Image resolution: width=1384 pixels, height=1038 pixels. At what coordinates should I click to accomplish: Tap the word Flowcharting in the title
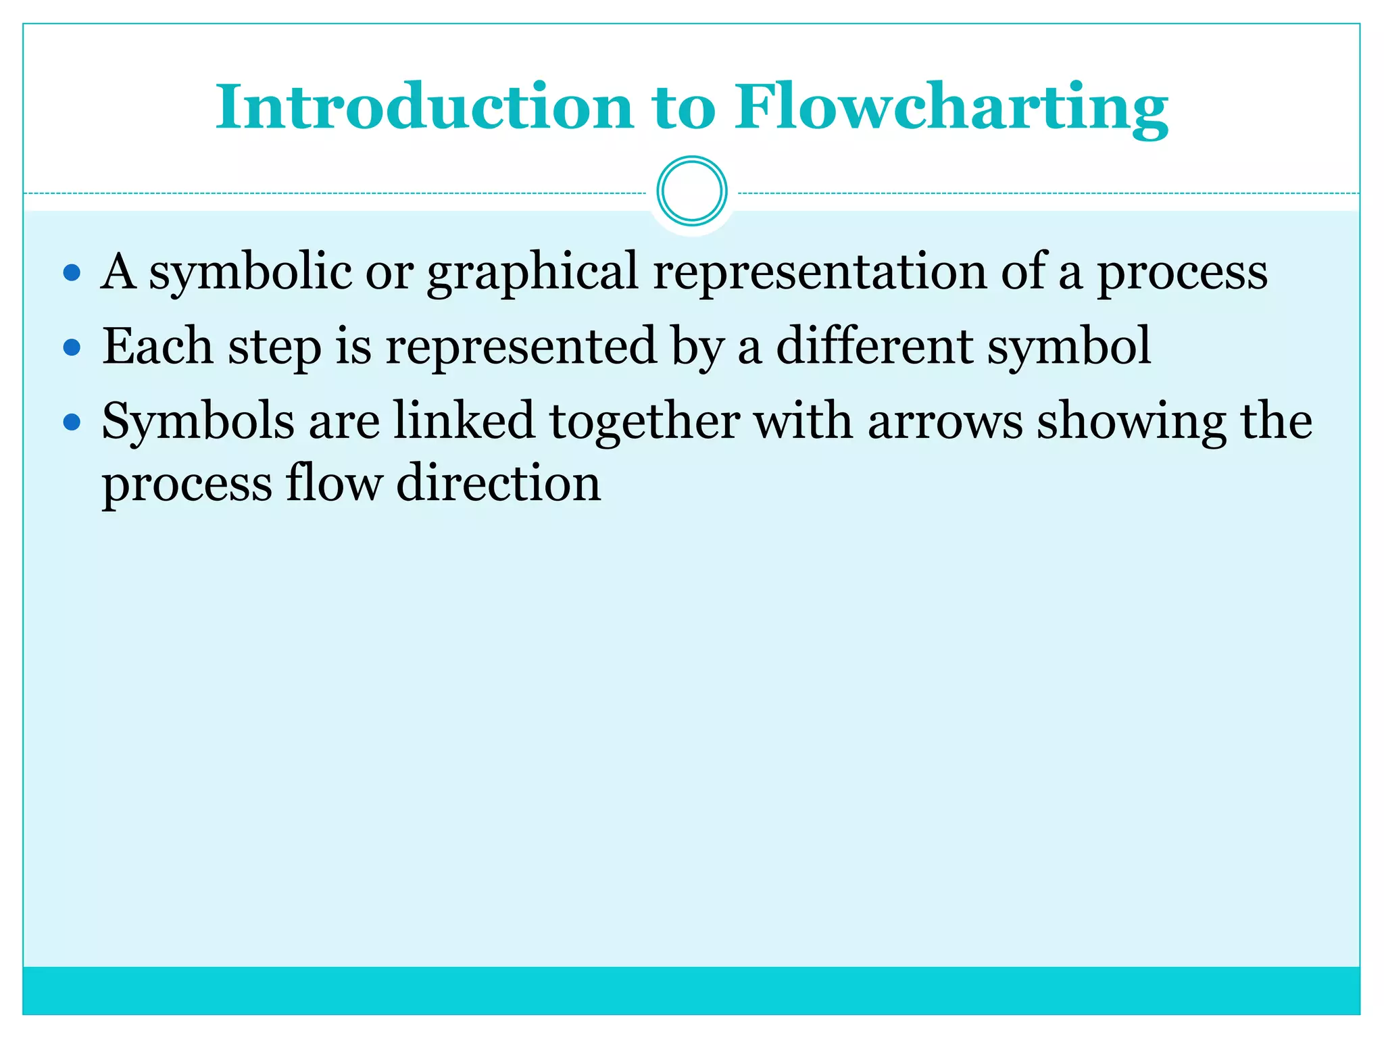(x=951, y=108)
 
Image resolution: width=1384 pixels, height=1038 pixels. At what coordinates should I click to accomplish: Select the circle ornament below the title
(x=691, y=191)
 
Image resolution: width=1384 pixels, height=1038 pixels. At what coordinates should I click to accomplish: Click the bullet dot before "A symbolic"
(x=72, y=273)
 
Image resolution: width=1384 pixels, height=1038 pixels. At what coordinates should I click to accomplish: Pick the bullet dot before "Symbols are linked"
(x=72, y=422)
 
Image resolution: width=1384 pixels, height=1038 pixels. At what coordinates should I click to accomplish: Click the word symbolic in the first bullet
(x=250, y=272)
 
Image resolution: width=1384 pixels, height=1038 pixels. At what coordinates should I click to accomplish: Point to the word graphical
(x=533, y=272)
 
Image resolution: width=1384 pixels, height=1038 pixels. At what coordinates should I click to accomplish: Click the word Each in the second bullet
(x=157, y=346)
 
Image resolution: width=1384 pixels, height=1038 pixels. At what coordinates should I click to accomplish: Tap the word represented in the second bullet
(x=521, y=346)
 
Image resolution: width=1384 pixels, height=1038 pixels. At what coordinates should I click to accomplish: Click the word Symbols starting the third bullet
(x=198, y=421)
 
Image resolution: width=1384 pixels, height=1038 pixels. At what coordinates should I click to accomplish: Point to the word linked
(x=464, y=421)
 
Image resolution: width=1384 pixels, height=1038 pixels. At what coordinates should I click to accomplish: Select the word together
(x=644, y=421)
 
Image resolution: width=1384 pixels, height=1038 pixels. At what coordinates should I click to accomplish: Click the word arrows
(x=945, y=421)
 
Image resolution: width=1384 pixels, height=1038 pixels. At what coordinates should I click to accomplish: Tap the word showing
(x=1131, y=421)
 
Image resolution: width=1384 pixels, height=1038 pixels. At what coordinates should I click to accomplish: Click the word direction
(x=498, y=483)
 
